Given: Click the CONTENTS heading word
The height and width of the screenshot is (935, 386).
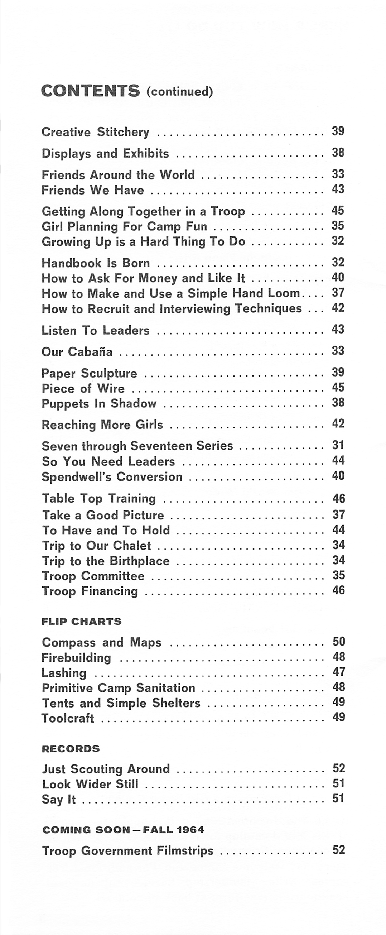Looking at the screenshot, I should [x=90, y=91].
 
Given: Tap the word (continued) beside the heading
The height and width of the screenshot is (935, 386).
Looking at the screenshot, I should [x=180, y=91].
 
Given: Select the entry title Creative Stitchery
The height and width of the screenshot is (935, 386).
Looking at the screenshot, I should [x=95, y=132].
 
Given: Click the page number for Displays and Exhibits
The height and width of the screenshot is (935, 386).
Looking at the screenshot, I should [x=338, y=153].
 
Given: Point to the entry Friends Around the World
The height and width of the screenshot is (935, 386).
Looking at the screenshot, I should [x=118, y=175].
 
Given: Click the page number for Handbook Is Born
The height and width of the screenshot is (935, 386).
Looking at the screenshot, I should [x=338, y=262].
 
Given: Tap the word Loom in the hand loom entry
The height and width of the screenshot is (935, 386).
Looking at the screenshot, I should [x=284, y=293].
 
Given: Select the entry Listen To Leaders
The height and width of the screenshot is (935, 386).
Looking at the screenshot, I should [x=95, y=330].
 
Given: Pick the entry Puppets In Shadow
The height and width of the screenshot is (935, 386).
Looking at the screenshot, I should [x=99, y=403].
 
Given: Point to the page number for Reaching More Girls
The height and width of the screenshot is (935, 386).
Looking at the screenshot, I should [x=338, y=423].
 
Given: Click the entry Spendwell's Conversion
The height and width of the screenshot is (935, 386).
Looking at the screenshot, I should [x=112, y=476].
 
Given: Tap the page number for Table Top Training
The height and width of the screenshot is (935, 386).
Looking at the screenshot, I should [x=338, y=498].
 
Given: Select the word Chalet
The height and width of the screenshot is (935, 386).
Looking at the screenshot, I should [x=132, y=546].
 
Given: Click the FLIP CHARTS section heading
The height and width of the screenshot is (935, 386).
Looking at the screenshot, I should [x=82, y=622].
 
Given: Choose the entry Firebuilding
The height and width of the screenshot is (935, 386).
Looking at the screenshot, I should [x=77, y=658].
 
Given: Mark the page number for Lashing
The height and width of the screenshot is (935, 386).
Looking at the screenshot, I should [x=338, y=672].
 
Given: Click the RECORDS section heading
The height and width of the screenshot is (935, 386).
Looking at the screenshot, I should [x=71, y=748].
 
